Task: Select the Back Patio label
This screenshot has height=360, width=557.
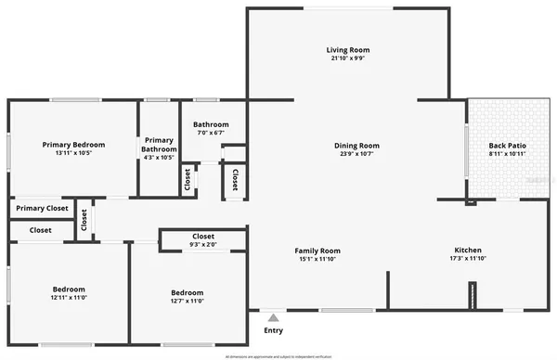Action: [507, 145]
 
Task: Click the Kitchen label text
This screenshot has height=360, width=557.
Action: [468, 250]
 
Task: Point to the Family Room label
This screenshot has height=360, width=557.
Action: [317, 251]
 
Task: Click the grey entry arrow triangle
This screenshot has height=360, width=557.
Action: [272, 318]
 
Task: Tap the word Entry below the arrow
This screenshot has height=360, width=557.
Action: [273, 330]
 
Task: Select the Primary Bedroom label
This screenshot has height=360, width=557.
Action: [73, 145]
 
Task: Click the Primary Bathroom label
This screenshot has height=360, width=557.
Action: [159, 144]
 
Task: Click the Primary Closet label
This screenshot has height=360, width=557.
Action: [43, 209]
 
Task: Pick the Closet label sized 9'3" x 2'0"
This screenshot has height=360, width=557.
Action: [203, 236]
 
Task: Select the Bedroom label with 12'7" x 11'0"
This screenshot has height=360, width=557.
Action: [187, 291]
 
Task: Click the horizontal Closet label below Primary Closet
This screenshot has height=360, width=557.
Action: [41, 230]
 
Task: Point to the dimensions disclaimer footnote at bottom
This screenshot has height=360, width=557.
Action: [278, 355]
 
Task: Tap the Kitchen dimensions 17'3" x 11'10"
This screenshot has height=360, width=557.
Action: [468, 258]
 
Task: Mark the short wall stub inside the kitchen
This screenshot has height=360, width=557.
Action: [473, 297]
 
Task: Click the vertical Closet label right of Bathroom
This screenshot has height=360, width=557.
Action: [235, 179]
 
